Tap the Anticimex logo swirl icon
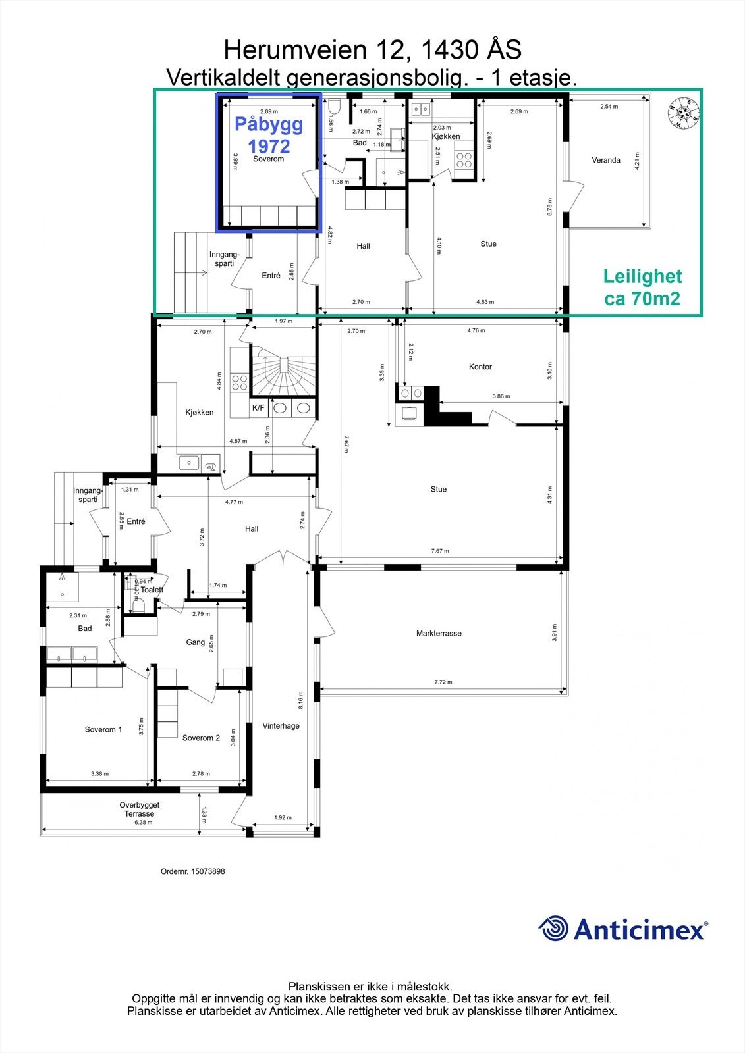click(553, 929)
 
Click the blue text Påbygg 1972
click(269, 134)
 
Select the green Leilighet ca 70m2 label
click(642, 288)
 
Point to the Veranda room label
click(605, 160)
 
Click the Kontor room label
click(480, 367)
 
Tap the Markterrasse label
click(439, 634)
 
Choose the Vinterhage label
click(281, 726)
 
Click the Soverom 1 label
click(103, 729)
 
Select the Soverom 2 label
click(201, 738)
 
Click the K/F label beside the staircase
click(258, 408)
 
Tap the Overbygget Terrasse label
click(140, 809)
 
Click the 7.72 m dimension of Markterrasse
click(443, 682)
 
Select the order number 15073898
click(192, 871)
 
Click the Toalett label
click(152, 590)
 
